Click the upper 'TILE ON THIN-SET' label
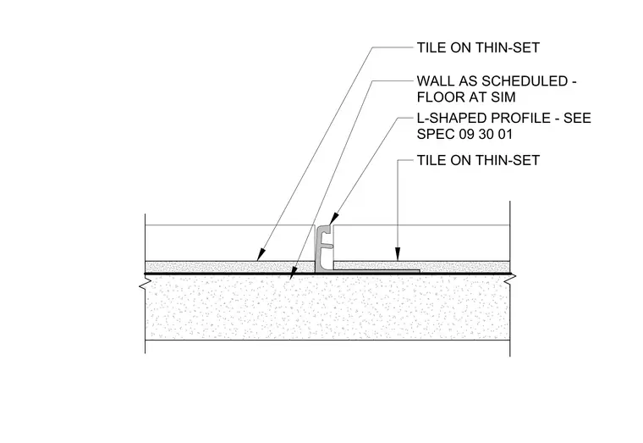click(478, 47)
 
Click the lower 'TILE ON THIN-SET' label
click(478, 160)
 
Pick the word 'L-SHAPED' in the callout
click(452, 118)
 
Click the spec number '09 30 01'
click(486, 134)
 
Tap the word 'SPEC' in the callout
click(436, 134)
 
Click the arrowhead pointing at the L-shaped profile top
click(333, 219)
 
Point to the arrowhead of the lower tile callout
click(398, 253)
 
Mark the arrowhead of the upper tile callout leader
click(261, 255)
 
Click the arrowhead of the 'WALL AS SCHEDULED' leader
click(293, 274)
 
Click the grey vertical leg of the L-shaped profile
click(319, 248)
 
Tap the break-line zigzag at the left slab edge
click(144, 280)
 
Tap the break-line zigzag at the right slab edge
click(510, 280)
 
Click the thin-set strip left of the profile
click(229, 267)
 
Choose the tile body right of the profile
click(421, 242)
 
